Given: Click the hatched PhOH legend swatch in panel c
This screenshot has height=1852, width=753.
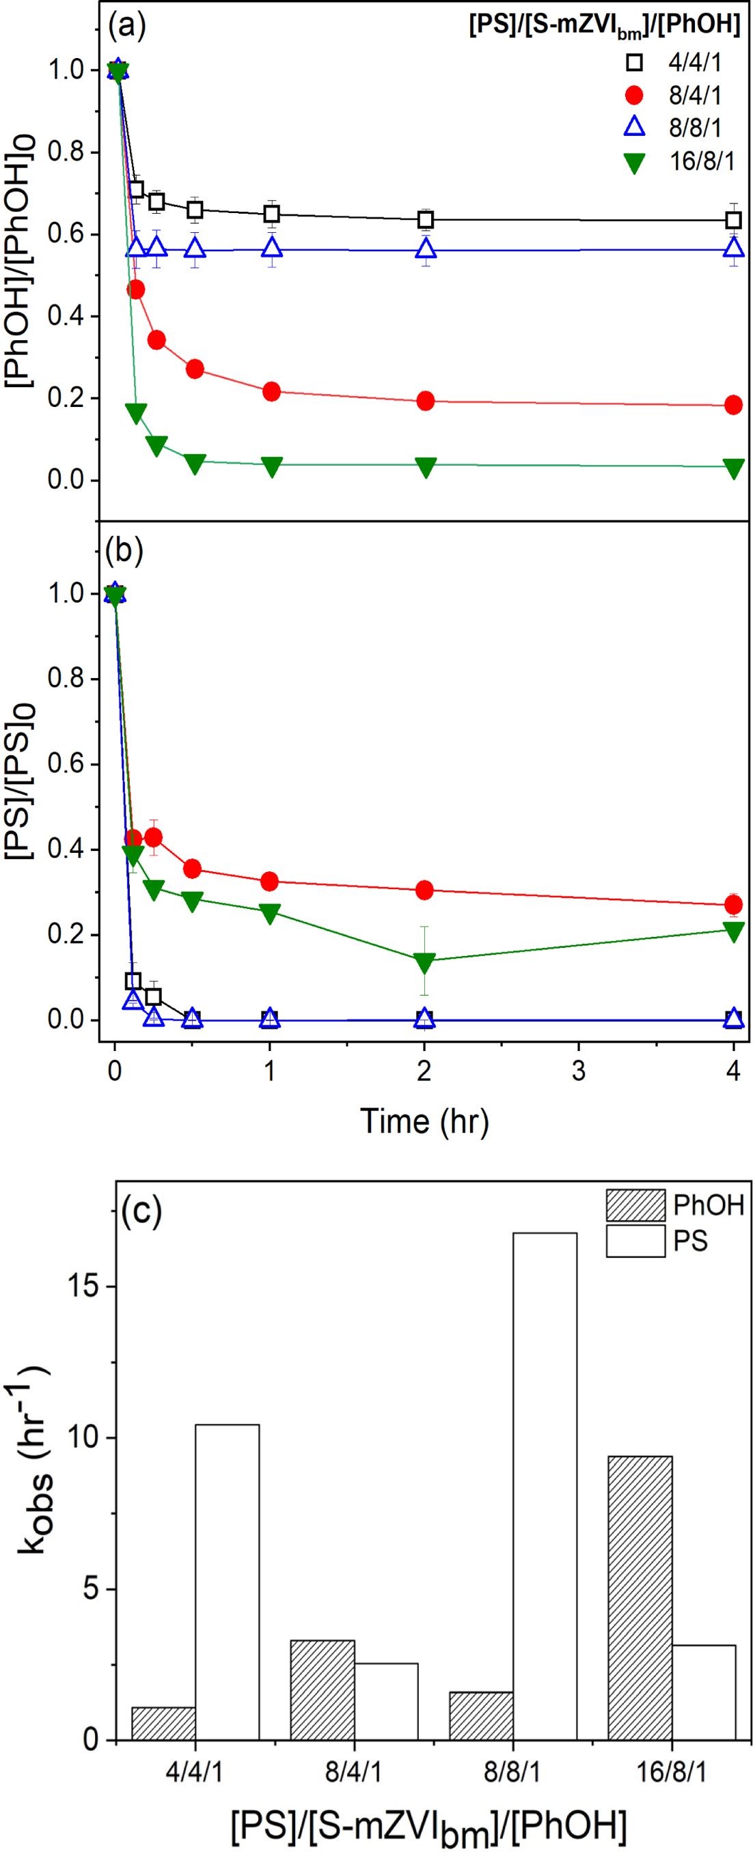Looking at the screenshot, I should click(x=635, y=1205).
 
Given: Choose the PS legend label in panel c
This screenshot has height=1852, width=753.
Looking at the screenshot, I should click(x=689, y=1241).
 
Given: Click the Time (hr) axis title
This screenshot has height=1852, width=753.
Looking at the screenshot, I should click(x=424, y=1121).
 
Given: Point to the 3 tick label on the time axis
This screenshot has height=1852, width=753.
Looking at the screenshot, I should click(x=578, y=1071).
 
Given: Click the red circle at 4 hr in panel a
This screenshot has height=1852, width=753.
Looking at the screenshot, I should click(x=733, y=405).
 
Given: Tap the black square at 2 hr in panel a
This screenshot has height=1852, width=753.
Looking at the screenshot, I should click(x=425, y=220).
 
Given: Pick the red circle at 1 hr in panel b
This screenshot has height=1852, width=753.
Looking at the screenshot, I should click(x=270, y=881).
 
